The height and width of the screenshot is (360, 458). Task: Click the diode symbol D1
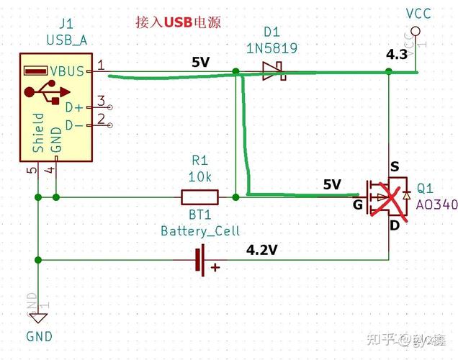(271, 71)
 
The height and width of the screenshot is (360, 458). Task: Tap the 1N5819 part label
(271, 49)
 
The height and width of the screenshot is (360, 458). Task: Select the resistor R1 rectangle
(199, 197)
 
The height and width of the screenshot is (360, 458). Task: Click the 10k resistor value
(199, 176)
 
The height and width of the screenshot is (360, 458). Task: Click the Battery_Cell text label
(200, 231)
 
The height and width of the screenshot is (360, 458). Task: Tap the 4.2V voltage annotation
(262, 251)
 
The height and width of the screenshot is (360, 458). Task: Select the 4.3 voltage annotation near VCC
(397, 55)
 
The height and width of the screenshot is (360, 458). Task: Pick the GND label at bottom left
(39, 336)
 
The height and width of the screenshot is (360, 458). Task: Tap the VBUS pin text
(68, 71)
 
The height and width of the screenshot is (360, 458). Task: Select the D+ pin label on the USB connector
(73, 107)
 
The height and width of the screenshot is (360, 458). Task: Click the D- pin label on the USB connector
(73, 125)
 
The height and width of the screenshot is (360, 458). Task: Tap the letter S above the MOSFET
(394, 166)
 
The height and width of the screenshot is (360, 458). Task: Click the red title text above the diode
(177, 22)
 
